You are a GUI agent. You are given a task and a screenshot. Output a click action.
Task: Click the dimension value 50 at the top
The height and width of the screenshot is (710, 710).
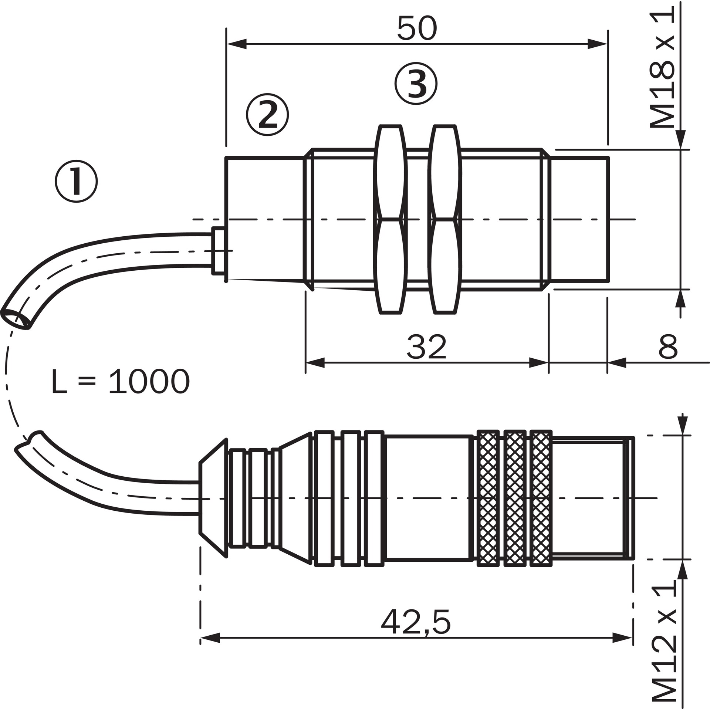point(417,28)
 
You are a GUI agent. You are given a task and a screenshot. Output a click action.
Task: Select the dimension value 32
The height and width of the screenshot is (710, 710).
point(427,346)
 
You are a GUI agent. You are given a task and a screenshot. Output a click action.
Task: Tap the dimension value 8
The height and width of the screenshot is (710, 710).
point(668,346)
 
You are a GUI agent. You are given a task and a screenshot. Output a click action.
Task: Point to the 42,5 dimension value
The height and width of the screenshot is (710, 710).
point(416,623)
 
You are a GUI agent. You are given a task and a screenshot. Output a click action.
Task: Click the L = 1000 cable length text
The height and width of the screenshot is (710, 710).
point(121,381)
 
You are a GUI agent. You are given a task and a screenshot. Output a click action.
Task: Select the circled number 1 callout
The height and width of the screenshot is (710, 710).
point(77,181)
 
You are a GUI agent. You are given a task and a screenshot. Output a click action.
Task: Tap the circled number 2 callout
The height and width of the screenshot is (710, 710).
point(267,114)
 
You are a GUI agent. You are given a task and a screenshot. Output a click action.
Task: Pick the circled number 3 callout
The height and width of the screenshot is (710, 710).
point(416,83)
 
